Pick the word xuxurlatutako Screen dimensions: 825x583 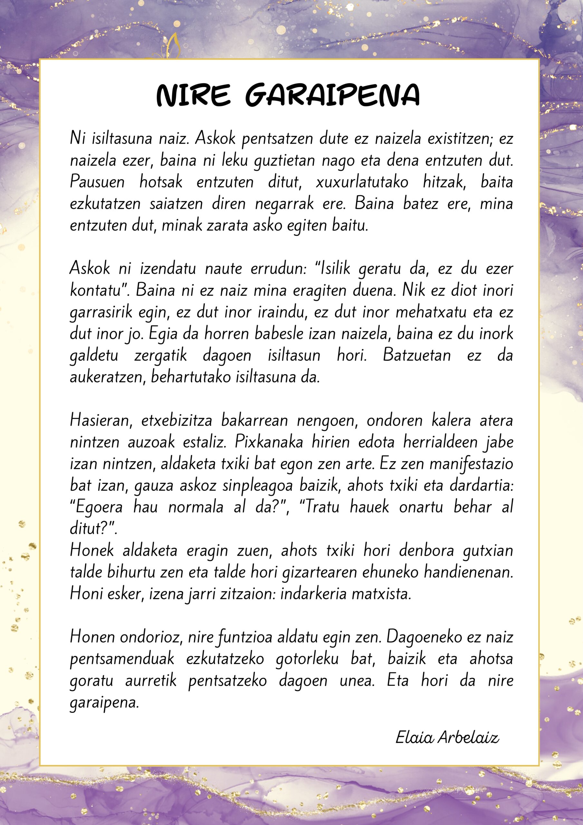tap(362, 182)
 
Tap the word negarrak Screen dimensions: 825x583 tap(284, 204)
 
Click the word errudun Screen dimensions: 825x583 tap(278, 269)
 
